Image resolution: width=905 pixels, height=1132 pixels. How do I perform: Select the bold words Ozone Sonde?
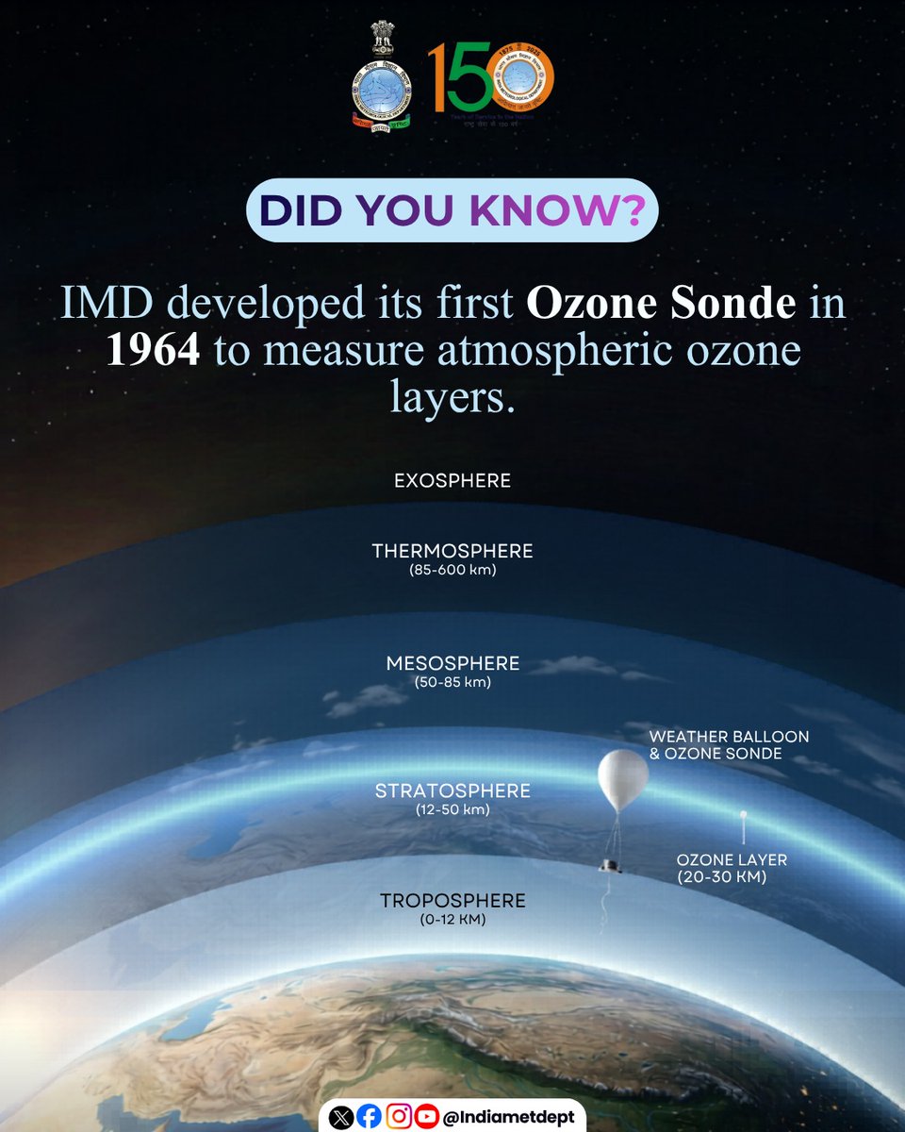(x=660, y=304)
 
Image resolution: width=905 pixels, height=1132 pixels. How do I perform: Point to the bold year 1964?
(x=153, y=351)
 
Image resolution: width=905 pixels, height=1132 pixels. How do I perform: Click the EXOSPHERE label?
(x=452, y=481)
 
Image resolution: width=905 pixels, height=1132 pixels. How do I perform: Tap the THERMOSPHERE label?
(x=452, y=551)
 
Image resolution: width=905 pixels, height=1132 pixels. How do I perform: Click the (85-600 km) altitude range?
(x=452, y=571)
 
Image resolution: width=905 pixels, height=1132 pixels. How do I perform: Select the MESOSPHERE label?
(x=452, y=664)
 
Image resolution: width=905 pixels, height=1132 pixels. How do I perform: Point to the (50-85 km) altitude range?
(x=452, y=682)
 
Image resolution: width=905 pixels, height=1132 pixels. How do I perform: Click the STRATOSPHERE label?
(x=452, y=791)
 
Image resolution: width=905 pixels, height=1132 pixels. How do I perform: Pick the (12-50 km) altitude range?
(x=452, y=809)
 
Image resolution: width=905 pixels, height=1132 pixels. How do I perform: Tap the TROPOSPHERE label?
(x=452, y=901)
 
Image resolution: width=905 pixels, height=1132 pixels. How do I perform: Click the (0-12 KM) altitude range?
(x=452, y=920)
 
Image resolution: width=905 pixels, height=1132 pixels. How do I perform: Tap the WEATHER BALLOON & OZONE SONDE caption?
(x=729, y=744)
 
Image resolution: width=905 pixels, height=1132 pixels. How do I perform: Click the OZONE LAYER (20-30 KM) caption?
(x=732, y=869)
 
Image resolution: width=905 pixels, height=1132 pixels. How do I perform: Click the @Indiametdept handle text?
(x=509, y=1117)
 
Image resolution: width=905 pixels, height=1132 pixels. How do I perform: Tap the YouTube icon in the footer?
(x=427, y=1117)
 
